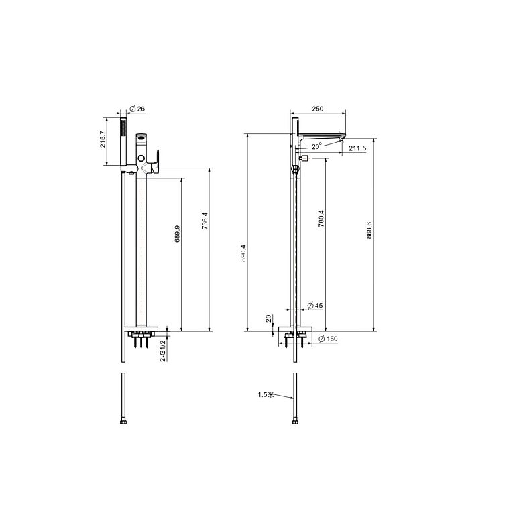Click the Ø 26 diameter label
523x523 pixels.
137,109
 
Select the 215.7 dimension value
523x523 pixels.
103,139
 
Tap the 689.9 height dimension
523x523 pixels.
178,233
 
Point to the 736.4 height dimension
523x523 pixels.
205,221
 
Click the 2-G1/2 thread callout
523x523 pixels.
163,351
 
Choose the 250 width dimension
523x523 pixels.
318,109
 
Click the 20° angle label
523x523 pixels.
317,146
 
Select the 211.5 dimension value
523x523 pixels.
357,148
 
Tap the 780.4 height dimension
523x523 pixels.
321,219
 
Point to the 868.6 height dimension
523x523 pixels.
369,230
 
